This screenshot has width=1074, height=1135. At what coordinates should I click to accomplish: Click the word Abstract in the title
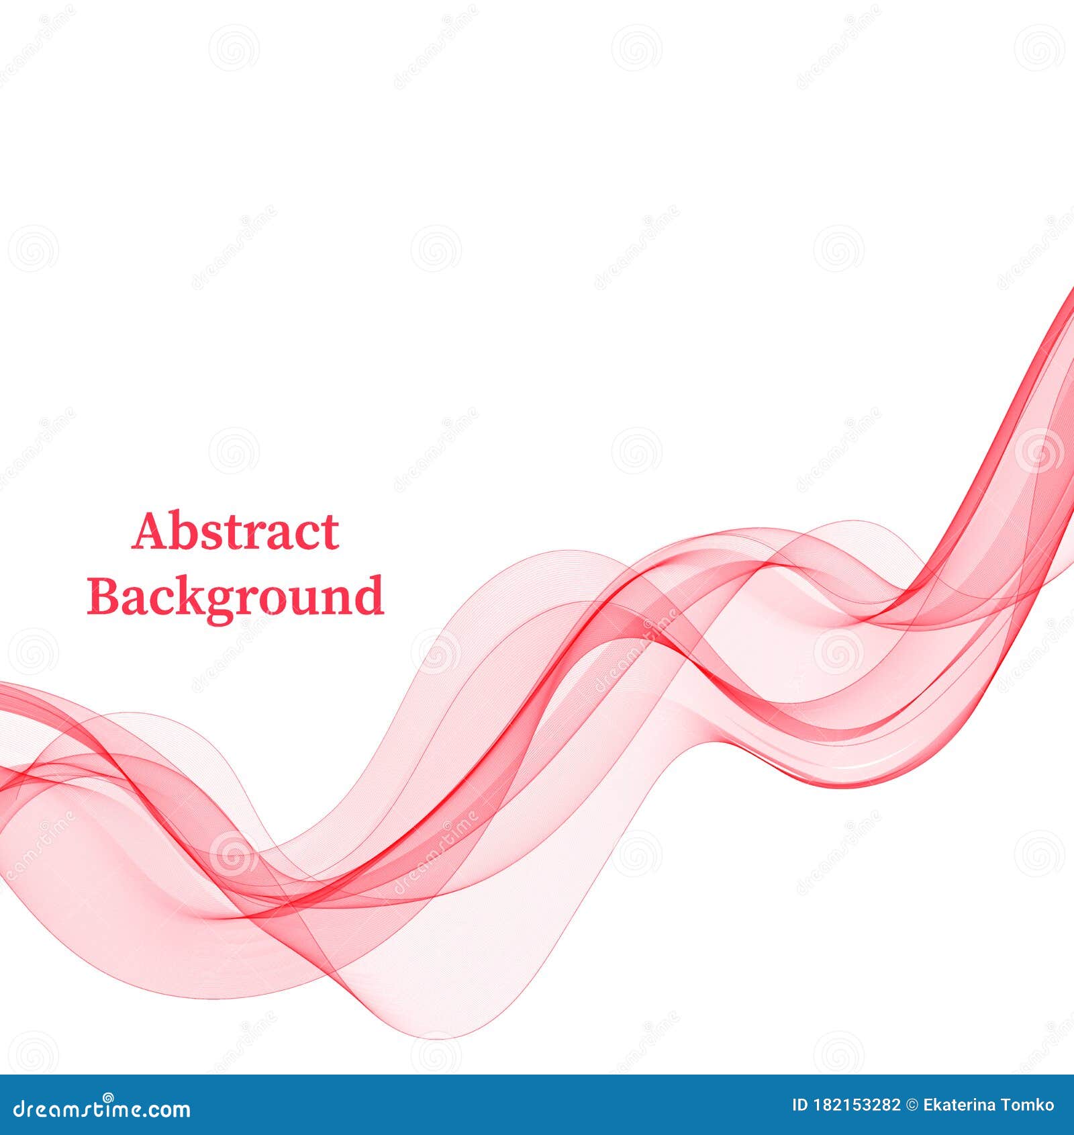click(235, 532)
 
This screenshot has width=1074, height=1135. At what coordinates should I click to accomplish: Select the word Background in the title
click(235, 596)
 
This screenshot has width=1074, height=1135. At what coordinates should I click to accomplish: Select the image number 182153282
click(856, 1105)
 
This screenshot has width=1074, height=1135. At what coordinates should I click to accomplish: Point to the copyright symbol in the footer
click(912, 1105)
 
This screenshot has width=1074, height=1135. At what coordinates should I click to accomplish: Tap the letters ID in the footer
click(799, 1105)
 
